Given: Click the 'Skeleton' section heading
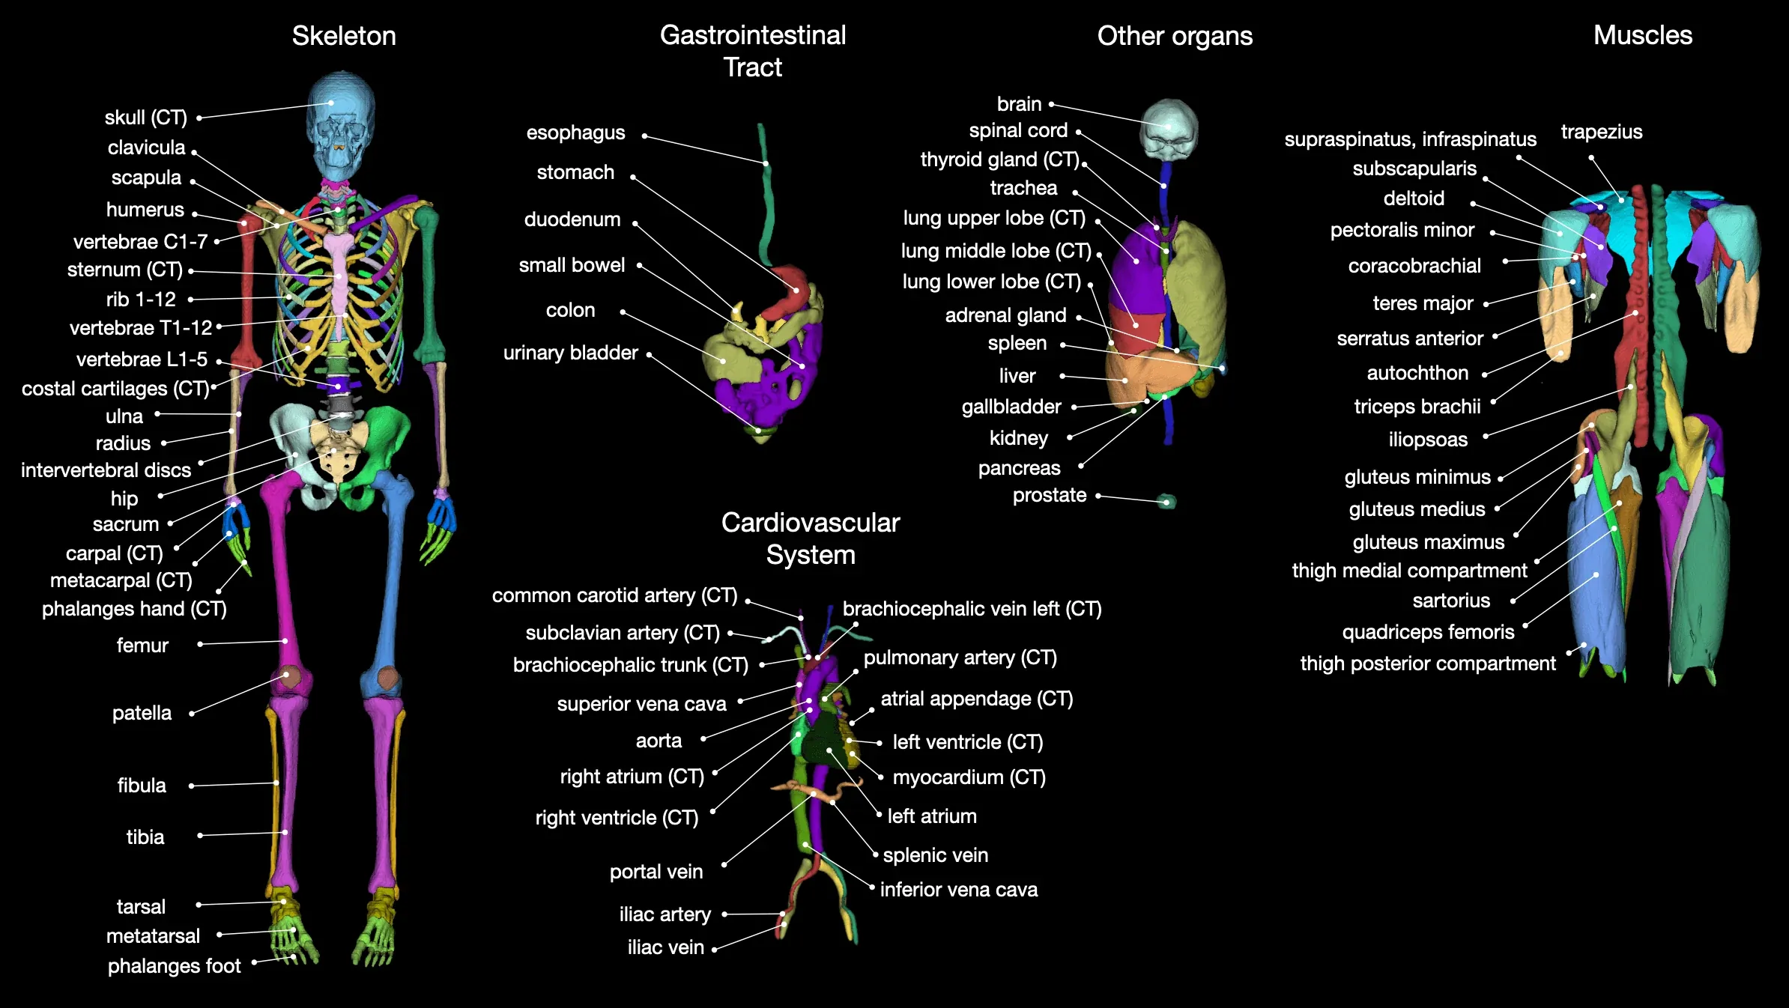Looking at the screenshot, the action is pyautogui.click(x=344, y=36).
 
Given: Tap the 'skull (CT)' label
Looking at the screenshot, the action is pyautogui.click(x=146, y=118).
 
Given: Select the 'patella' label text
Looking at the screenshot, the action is pyautogui.click(x=142, y=713).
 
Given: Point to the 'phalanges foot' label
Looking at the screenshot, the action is pyautogui.click(x=175, y=966).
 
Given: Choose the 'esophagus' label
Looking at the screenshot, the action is pyautogui.click(x=575, y=133).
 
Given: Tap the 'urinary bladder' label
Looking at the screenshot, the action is pyautogui.click(x=571, y=353).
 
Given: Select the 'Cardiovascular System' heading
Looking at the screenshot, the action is pyautogui.click(x=811, y=538).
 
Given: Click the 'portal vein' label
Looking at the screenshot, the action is pyautogui.click(x=656, y=872).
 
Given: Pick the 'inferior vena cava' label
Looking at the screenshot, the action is pyautogui.click(x=959, y=890).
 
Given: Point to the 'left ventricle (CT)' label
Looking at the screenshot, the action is pyautogui.click(x=968, y=742).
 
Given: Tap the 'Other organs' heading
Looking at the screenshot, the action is pyautogui.click(x=1175, y=36).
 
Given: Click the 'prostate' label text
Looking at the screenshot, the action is pyautogui.click(x=1050, y=496).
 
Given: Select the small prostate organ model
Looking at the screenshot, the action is pyautogui.click(x=1166, y=501).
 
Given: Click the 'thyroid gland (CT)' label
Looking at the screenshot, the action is pyautogui.click(x=999, y=160).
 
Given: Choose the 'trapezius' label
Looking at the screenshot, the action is pyautogui.click(x=1602, y=133).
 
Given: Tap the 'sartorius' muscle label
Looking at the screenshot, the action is pyautogui.click(x=1451, y=601).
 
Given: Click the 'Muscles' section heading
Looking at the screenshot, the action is pyautogui.click(x=1643, y=35).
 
